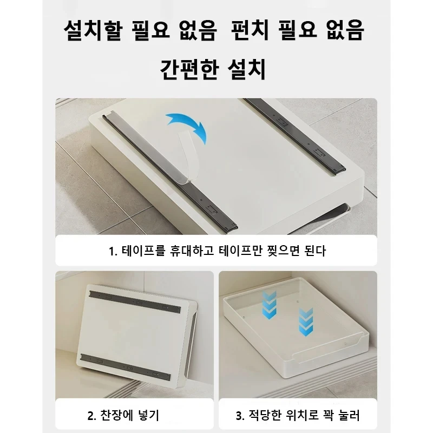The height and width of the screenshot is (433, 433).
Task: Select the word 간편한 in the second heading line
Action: coord(188,69)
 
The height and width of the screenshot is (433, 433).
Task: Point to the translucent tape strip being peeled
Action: coord(187,157)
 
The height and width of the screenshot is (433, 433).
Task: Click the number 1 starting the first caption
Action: coord(112,252)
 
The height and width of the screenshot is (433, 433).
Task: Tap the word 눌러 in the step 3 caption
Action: coord(350,416)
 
